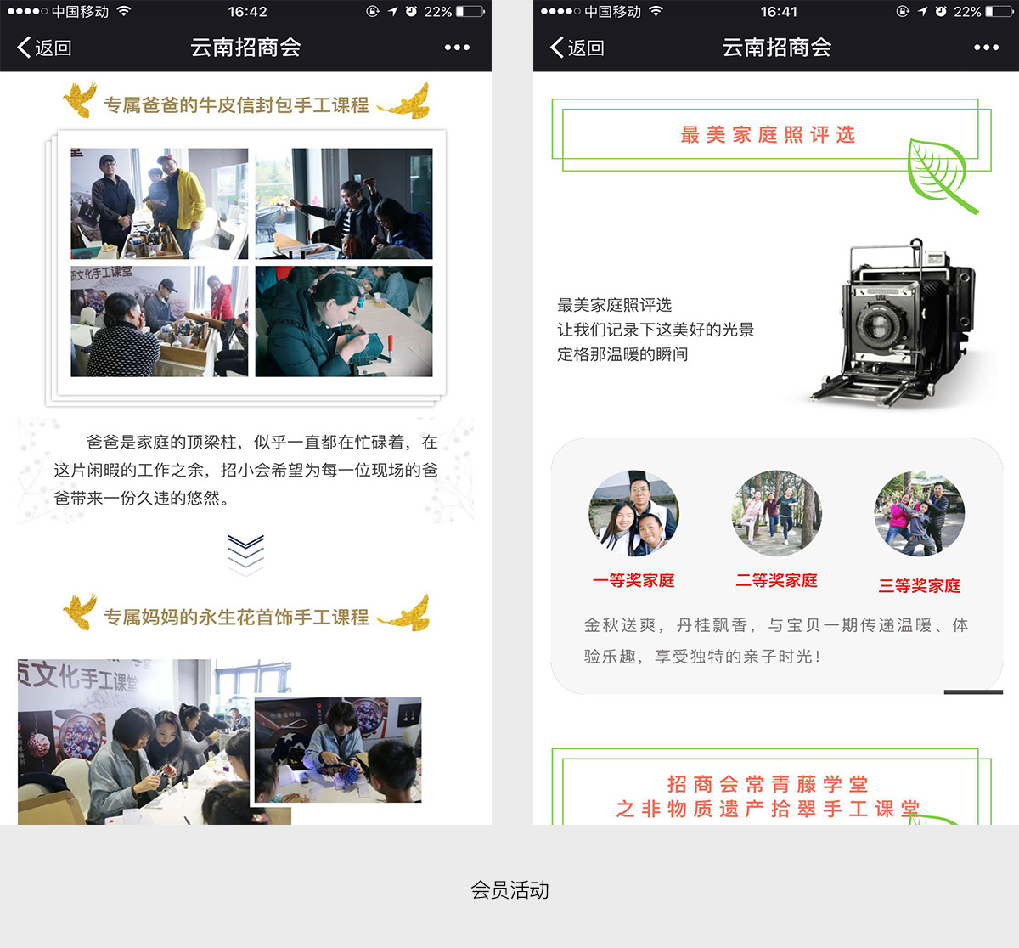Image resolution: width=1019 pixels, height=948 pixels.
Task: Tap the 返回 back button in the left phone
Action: tap(44, 48)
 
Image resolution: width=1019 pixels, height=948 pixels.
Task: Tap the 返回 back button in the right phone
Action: tap(577, 48)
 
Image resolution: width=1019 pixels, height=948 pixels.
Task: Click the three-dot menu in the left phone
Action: tap(457, 48)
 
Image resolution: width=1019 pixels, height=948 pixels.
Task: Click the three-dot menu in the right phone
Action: tap(986, 48)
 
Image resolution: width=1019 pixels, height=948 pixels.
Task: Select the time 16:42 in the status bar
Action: tap(247, 11)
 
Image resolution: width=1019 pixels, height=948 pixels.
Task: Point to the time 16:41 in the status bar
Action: tap(779, 11)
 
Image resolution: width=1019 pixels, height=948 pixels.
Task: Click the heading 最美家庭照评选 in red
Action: tap(768, 134)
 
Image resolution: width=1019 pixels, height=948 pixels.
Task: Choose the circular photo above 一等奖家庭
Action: tap(633, 513)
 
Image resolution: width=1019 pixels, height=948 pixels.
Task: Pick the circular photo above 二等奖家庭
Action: tap(776, 513)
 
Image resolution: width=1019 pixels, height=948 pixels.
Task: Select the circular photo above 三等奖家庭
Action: tap(919, 513)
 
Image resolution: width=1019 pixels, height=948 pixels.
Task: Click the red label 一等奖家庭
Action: tap(633, 580)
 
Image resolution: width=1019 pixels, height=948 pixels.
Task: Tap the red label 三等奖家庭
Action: tap(919, 585)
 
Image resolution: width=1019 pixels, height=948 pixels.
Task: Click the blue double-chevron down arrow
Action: tap(245, 555)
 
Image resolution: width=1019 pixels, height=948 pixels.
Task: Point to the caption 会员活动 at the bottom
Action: tap(509, 890)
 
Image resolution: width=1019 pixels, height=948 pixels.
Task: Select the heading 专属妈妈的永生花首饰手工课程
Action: tap(236, 617)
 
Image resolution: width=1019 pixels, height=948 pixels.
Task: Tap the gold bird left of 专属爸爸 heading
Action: tap(80, 99)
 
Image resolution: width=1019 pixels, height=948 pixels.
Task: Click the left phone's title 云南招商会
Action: tap(245, 48)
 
